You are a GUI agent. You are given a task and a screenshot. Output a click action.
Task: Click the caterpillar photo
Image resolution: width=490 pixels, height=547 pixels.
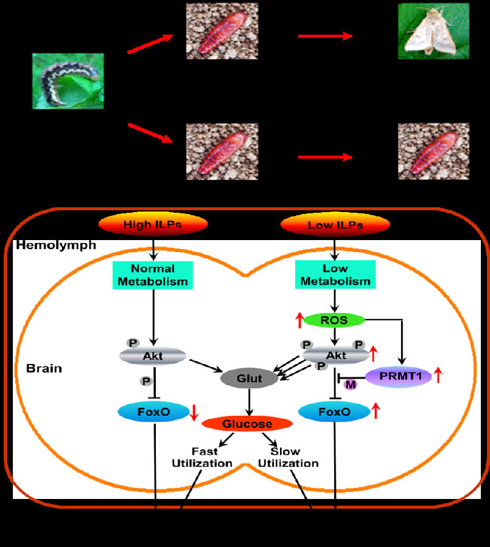point(68,81)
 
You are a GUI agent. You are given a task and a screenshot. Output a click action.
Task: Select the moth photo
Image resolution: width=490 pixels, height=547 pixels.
point(434,31)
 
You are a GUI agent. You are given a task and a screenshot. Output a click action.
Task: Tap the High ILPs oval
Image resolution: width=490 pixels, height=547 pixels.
point(154,225)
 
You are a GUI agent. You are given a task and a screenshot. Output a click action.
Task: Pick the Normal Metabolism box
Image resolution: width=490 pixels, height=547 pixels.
point(152,275)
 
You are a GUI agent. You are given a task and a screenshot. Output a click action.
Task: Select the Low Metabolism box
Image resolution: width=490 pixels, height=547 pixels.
point(333,275)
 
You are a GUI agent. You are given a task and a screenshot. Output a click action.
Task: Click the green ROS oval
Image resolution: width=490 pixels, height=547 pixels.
point(334,320)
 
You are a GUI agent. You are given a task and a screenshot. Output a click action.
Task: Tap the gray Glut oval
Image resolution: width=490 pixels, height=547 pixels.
point(250,379)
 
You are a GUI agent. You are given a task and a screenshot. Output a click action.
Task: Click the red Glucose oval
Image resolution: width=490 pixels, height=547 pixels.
point(247,424)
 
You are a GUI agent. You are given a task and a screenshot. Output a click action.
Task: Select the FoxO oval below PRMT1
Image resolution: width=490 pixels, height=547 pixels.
point(334,412)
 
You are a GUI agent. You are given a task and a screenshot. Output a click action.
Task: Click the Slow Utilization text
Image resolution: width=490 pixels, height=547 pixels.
point(288,458)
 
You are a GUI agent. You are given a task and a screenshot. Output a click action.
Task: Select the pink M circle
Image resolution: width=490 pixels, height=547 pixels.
point(350,385)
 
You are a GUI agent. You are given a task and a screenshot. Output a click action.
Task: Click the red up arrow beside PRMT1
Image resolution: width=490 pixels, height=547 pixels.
point(437,376)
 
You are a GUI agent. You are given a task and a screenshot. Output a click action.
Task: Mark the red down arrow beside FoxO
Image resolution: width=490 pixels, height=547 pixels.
point(194,412)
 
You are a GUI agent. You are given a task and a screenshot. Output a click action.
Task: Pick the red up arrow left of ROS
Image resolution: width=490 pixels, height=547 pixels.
point(299,319)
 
